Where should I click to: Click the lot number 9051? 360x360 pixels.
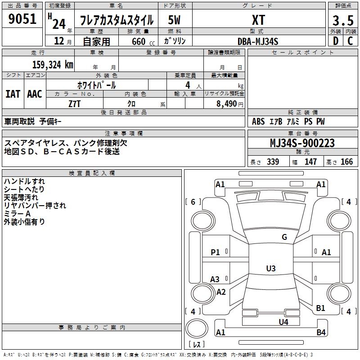22,19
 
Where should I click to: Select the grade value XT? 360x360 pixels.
258,20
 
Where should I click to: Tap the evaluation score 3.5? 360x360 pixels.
342,21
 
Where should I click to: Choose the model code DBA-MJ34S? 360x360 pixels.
258,41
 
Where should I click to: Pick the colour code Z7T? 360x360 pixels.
75,103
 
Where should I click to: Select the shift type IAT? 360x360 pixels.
13,94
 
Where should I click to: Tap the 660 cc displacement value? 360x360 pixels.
138,41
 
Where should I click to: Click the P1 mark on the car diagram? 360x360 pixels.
216,252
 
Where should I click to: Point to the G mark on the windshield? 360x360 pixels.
284,237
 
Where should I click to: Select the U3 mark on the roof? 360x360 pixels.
270,269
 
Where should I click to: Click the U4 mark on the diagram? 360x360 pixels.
283,322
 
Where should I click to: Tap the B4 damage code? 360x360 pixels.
321,333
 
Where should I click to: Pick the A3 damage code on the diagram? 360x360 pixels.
215,279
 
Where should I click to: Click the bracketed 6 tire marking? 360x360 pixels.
193,202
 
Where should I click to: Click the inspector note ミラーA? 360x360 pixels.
17,213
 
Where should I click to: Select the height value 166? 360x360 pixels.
346,162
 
